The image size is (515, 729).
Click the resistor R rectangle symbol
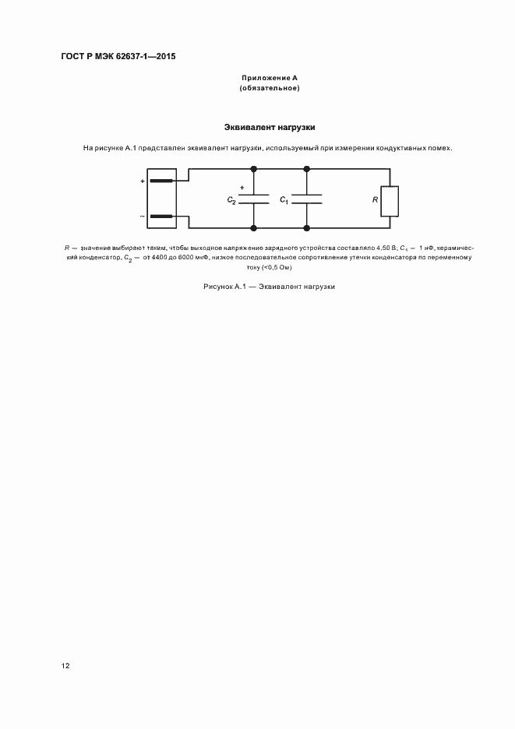coord(390,200)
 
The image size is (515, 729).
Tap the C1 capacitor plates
coord(305,199)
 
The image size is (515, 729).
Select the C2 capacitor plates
coord(253,199)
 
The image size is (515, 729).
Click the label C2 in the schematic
coord(231,201)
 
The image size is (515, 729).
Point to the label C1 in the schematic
coord(284,201)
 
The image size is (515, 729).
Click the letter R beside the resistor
coord(375,200)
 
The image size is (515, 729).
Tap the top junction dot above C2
coord(253,167)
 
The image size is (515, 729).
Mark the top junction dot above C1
coord(305,167)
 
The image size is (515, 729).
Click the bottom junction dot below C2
coord(253,228)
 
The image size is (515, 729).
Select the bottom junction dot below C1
coord(305,228)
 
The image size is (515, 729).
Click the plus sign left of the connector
coord(143,181)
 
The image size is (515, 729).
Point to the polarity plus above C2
coord(242,187)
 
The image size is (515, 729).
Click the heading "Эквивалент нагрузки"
coord(270,126)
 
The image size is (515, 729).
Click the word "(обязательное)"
coord(270,88)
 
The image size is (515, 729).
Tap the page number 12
coord(65,666)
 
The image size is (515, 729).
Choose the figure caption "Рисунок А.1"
coord(224,287)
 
